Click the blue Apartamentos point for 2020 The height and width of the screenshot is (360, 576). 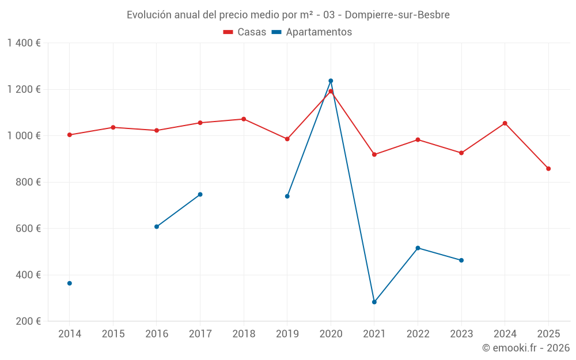[x=331, y=81]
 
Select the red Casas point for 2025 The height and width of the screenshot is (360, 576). [x=548, y=169]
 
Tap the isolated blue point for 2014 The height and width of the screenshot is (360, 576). [x=70, y=283]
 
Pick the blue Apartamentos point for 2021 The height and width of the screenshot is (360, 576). [x=374, y=302]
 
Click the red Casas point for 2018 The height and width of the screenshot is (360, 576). [x=244, y=119]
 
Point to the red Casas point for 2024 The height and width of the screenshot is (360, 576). [x=505, y=123]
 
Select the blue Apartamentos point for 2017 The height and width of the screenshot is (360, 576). [x=200, y=194]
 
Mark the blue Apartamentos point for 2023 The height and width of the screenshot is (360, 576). [x=461, y=260]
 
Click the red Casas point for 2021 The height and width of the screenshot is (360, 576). [x=374, y=154]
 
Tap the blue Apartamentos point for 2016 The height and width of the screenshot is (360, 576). [x=157, y=227]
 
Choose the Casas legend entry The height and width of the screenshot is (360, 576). [x=245, y=32]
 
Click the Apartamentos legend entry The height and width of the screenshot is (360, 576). [x=312, y=32]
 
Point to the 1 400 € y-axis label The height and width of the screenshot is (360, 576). [x=24, y=43]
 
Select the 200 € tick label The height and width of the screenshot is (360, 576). [x=27, y=321]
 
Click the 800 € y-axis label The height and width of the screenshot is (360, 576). [x=27, y=182]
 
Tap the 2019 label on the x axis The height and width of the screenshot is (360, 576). [x=287, y=334]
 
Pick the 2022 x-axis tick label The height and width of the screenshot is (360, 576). [x=418, y=334]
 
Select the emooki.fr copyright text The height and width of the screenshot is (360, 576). [x=526, y=348]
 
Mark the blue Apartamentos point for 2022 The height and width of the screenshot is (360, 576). [x=418, y=248]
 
